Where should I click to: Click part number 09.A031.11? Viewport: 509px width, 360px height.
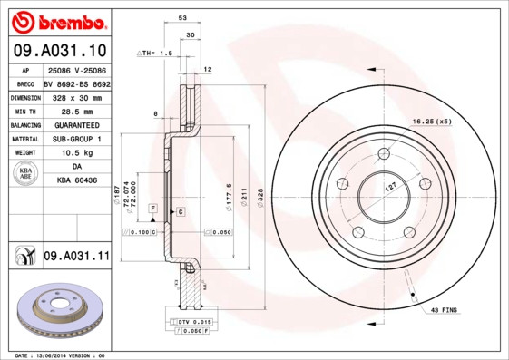75,257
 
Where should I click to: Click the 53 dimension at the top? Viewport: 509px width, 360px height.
182,18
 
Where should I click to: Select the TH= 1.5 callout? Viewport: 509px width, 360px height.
156,54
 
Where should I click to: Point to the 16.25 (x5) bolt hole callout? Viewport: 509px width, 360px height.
432,121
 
